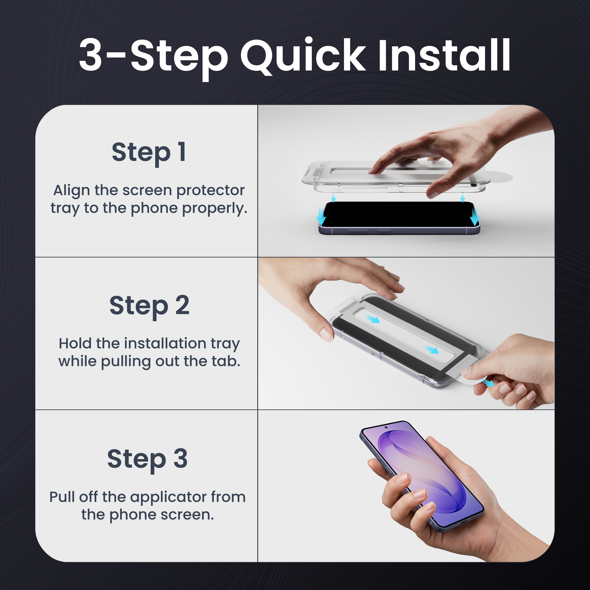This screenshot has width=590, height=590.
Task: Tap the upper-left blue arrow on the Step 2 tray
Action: click(373, 319)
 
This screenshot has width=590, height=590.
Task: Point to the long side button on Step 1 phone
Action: click(358, 231)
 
